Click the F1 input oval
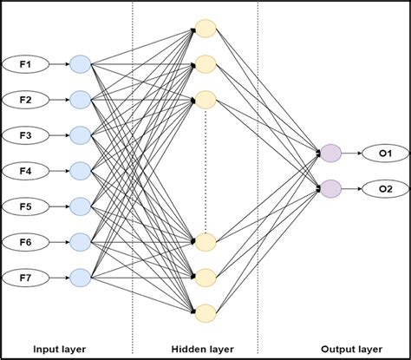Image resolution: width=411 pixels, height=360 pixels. coord(24,63)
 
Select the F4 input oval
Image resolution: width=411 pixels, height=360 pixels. coord(24,170)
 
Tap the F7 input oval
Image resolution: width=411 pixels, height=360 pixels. coord(24,277)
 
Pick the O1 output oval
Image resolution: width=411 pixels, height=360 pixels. coord(385,154)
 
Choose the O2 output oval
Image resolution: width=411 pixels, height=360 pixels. coord(385,187)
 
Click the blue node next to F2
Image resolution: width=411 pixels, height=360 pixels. coord(80,99)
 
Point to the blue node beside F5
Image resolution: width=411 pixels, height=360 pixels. coord(80,206)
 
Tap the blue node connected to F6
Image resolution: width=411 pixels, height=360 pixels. coord(80,241)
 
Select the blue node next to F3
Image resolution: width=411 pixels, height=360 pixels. coord(80,134)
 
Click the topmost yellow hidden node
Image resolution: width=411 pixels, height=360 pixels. coord(205,28)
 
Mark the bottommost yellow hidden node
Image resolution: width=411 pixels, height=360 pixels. coord(205,311)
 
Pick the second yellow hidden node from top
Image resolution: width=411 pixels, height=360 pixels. coord(205,63)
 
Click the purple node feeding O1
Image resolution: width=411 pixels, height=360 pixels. coord(330,154)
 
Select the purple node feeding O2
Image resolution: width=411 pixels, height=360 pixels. coord(330,187)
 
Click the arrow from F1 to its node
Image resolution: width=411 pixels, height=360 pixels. coord(56,63)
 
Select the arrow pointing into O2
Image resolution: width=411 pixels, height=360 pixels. coord(354,187)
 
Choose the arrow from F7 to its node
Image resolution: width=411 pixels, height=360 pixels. coord(56,277)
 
